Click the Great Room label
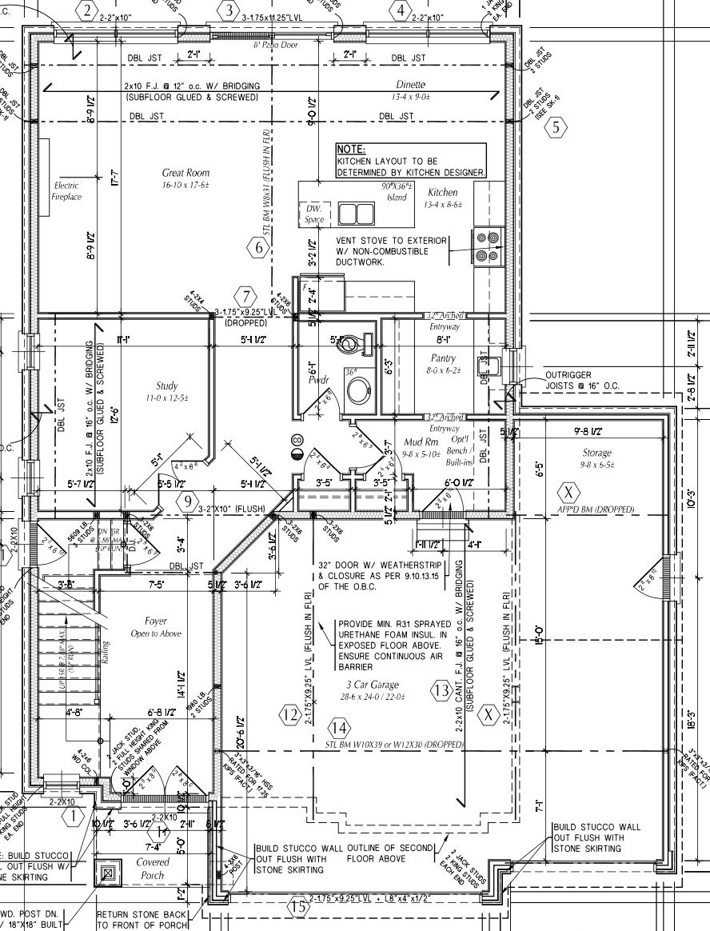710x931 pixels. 185,173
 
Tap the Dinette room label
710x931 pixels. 410,85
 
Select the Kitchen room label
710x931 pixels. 443,193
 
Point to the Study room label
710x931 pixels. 167,386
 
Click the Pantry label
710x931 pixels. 443,359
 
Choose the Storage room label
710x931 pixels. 597,454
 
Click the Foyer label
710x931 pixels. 156,621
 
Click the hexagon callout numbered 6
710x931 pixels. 257,248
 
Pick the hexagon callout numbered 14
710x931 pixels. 339,728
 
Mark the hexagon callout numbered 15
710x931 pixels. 298,907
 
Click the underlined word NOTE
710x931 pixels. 351,150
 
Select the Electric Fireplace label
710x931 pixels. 67,191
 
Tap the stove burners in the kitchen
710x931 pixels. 487,246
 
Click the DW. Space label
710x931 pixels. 313,214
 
